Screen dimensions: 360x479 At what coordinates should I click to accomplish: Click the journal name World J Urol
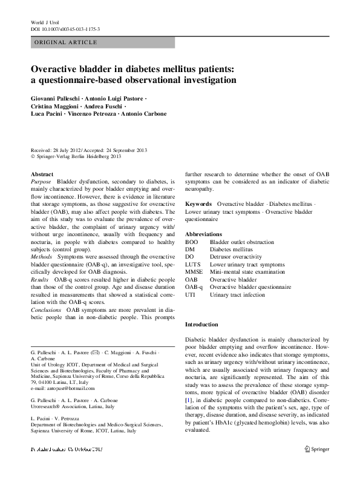coord(45,22)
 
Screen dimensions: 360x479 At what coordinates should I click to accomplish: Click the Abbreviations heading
coord(208,234)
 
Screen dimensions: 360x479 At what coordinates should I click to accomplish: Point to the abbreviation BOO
coord(191,242)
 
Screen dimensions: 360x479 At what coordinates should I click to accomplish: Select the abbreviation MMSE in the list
coord(194,273)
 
